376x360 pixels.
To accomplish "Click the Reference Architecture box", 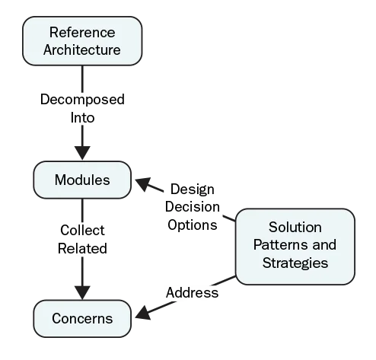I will pyautogui.click(x=82, y=41).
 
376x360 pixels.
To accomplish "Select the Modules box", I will pyautogui.click(x=82, y=181).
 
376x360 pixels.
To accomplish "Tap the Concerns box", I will pyautogui.click(x=82, y=318).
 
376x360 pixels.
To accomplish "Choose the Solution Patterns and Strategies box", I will pyautogui.click(x=295, y=245).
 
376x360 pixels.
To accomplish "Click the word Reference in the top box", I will pyautogui.click(x=82, y=33).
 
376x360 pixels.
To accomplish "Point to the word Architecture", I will pyautogui.click(x=82, y=50).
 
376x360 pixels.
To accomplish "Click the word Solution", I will pyautogui.click(x=295, y=228).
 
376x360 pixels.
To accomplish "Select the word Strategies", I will pyautogui.click(x=295, y=263).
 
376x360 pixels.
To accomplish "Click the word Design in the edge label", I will pyautogui.click(x=193, y=190).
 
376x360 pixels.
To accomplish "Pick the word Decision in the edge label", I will pyautogui.click(x=193, y=207).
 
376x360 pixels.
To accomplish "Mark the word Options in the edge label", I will pyautogui.click(x=193, y=225).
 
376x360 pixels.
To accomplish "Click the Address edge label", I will pyautogui.click(x=192, y=293).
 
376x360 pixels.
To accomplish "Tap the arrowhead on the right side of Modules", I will pyautogui.click(x=141, y=183).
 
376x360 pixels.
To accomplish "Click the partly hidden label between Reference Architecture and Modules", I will pyautogui.click(x=82, y=109).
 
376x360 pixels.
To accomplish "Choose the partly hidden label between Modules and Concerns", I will pyautogui.click(x=82, y=238).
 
